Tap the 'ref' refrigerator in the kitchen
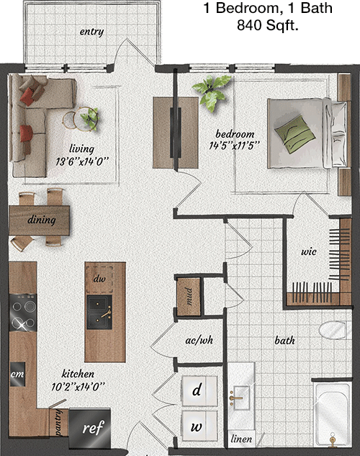[90, 428]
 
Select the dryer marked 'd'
[199, 390]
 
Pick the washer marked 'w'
[199, 426]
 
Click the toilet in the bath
[333, 330]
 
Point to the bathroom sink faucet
[235, 398]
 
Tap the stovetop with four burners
[23, 313]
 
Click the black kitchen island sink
[99, 312]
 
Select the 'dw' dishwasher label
[99, 279]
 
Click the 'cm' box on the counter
[17, 374]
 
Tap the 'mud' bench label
[189, 296]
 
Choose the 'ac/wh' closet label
[199, 340]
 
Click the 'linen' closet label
[241, 439]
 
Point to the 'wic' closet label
[309, 251]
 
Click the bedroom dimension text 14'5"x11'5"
[234, 146]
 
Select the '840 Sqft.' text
[268, 25]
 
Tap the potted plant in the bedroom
[212, 91]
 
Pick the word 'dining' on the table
[42, 220]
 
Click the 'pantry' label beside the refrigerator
[58, 422]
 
